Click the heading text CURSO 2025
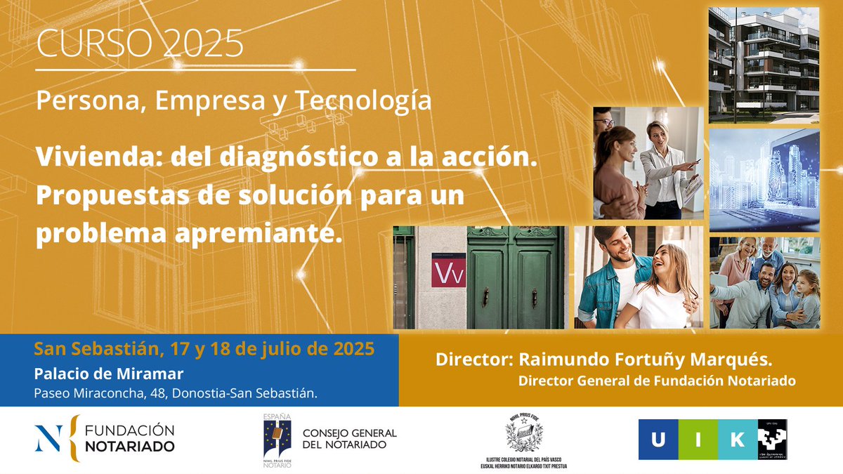click(140, 44)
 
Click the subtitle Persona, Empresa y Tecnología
click(233, 101)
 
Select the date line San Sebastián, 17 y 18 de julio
click(204, 348)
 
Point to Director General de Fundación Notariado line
click(657, 381)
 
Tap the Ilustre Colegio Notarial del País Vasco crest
click(524, 435)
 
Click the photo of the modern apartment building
click(764, 65)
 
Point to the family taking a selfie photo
click(764, 282)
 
